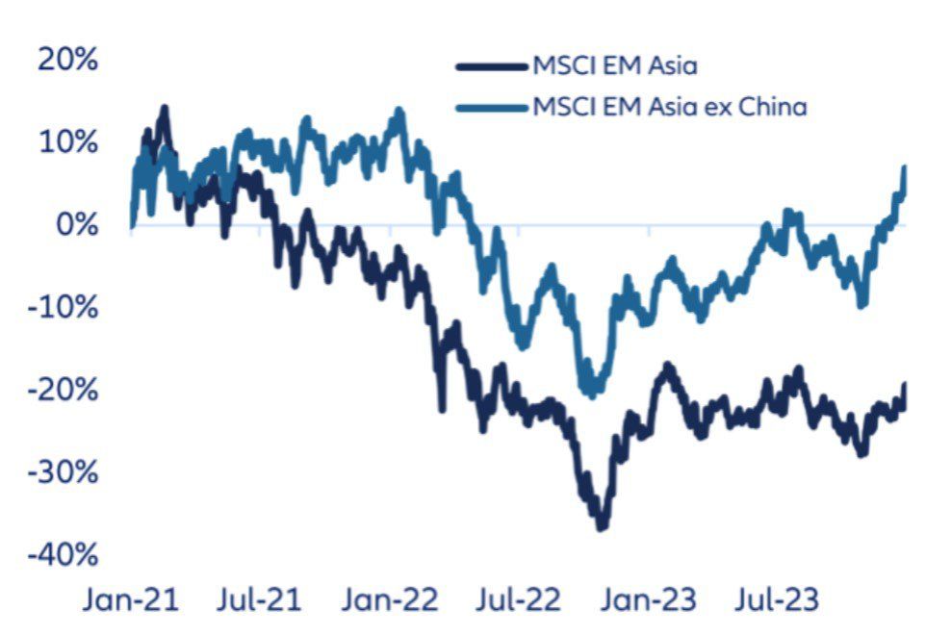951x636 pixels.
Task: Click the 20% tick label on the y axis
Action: click(67, 60)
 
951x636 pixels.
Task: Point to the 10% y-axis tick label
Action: click(67, 142)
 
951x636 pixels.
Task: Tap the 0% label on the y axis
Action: click(76, 225)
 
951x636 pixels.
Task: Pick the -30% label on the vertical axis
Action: click(63, 473)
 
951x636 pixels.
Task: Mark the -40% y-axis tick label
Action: click(63, 556)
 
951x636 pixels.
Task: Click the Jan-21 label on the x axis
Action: click(131, 601)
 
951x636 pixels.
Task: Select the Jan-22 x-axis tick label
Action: click(389, 601)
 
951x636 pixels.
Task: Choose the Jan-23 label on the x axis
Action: click(649, 601)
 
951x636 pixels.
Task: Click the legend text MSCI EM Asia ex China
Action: click(669, 106)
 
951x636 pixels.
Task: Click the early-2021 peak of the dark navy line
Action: click(164, 109)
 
